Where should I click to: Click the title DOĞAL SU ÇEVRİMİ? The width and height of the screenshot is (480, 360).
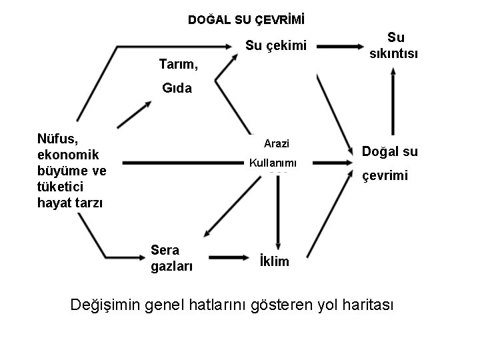[x=239, y=20]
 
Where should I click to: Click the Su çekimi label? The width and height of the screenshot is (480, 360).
[x=275, y=46]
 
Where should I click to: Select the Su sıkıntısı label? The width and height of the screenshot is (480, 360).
[x=395, y=45]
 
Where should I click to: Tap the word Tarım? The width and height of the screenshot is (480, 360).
[x=179, y=65]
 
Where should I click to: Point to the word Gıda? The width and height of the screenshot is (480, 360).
[x=177, y=88]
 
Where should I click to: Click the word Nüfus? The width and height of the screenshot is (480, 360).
[x=58, y=139]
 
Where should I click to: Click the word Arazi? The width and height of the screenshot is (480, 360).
[x=276, y=143]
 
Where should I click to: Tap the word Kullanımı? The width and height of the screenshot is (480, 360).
[x=273, y=163]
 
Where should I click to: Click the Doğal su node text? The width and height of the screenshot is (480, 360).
[x=389, y=151]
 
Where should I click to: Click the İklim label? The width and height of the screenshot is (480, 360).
[x=274, y=261]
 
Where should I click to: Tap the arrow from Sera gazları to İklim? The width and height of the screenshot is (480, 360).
[x=225, y=257]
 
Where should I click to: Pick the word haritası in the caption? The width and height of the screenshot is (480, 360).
[x=365, y=305]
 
